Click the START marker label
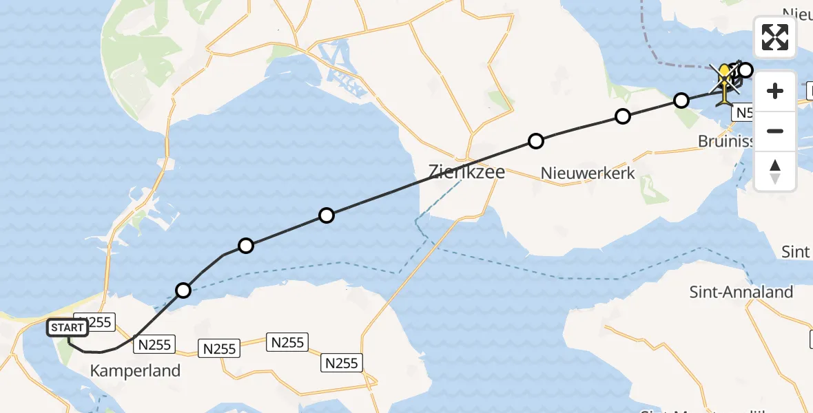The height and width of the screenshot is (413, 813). click(68, 328)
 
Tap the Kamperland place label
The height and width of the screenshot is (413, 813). click(135, 371)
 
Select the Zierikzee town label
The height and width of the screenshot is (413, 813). click(466, 171)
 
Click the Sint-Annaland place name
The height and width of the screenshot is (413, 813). click(741, 292)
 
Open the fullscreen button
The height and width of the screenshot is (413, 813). click(775, 37)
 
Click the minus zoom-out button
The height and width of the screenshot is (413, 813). click(775, 131)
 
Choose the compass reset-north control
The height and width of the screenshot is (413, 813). click(775, 171)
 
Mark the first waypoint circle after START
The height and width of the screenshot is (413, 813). click(183, 290)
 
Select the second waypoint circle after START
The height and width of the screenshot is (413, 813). click(246, 246)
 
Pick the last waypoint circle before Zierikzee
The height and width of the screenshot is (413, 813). click(327, 215)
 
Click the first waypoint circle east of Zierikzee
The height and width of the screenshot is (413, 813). click(536, 141)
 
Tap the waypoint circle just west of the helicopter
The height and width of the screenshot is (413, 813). click(681, 100)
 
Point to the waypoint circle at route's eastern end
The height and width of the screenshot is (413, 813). click(745, 69)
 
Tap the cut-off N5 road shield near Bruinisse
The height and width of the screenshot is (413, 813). click(743, 113)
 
